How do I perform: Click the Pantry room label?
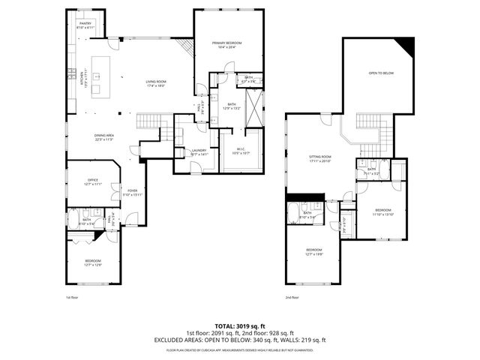point(85,25)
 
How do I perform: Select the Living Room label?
point(155,82)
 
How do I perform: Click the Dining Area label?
point(103,136)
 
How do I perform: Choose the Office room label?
point(93,181)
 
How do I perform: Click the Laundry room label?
point(198,152)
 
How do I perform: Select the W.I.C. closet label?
point(241,151)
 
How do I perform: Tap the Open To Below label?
point(381,73)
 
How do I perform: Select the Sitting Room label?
point(320,159)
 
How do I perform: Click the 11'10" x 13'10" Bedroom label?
point(383,211)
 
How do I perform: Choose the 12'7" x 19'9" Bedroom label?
point(313,250)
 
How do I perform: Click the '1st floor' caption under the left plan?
point(71,297)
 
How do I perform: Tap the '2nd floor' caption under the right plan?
point(292,297)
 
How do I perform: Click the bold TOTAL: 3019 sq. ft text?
point(239,325)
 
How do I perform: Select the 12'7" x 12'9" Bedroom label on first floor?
point(93,262)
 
